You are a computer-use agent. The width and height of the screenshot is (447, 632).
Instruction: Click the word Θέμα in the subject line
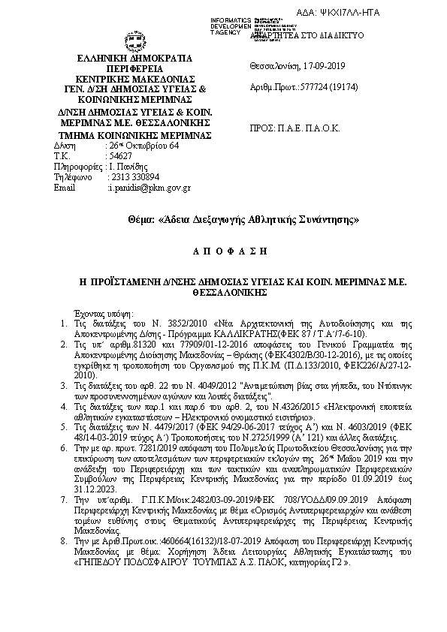tap(141, 220)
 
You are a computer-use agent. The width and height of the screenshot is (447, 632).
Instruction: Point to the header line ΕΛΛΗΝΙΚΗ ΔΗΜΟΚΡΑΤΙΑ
tap(134, 58)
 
